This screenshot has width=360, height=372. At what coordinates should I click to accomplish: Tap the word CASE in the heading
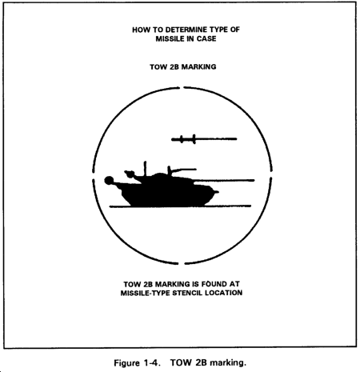(206, 38)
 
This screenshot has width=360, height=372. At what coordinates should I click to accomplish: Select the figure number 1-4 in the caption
(152, 363)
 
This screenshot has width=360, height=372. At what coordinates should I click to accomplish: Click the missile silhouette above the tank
(204, 139)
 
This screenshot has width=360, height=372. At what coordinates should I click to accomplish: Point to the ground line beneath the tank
(180, 206)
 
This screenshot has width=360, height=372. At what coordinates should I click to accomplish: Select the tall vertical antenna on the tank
(145, 169)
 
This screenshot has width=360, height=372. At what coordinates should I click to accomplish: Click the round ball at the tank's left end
(109, 181)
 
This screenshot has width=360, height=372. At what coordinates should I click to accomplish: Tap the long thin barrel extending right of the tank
(224, 181)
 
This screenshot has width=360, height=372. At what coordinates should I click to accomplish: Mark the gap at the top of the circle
(182, 87)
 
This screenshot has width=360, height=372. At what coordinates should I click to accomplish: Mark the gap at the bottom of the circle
(182, 264)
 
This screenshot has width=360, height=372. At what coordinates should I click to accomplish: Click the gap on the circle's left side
(94, 176)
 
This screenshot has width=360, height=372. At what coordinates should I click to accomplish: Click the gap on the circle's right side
(271, 174)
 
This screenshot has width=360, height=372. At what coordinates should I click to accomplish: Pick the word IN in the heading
(190, 38)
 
